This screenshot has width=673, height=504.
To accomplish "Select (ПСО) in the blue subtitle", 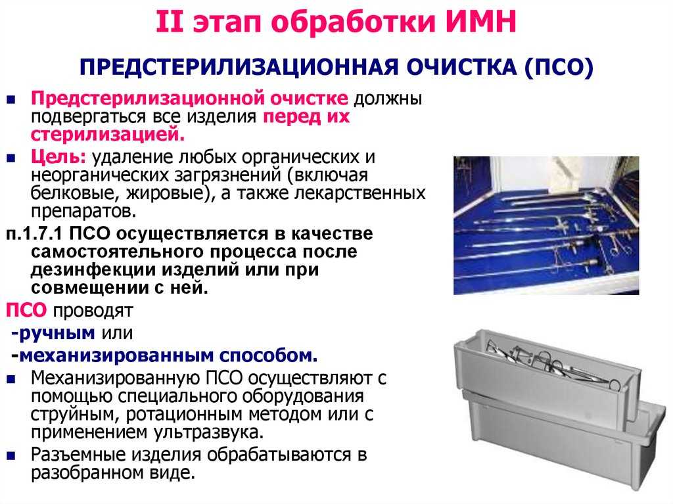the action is [559, 68].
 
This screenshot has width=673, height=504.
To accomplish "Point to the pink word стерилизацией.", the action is [108, 135].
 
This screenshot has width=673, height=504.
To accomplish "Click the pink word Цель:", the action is [58, 157].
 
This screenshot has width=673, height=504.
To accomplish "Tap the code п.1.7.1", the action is [34, 234].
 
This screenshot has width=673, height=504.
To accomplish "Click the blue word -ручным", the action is [53, 333].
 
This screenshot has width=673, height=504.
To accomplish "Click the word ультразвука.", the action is [208, 432].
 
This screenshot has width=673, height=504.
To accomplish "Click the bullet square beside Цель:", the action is [11, 158].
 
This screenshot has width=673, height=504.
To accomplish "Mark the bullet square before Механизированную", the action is [11, 380].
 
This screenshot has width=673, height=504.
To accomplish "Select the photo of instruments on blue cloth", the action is [546, 225].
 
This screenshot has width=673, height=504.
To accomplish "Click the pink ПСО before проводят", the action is [26, 310].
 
